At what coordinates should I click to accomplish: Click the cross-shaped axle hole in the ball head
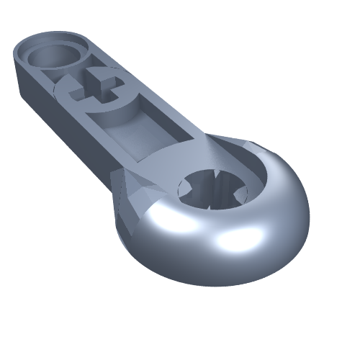213,189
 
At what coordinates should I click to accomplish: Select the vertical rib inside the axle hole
214,184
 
